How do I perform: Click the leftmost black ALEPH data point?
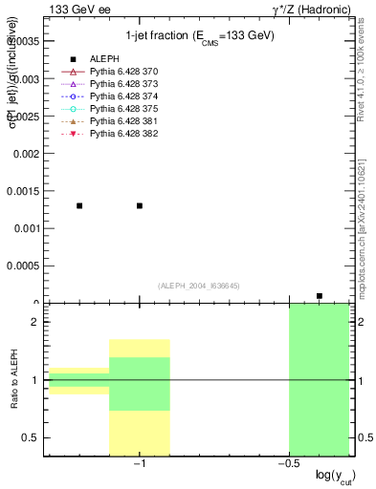(x=79, y=205)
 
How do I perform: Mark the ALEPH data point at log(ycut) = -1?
(x=140, y=205)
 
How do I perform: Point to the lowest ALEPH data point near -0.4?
(x=320, y=296)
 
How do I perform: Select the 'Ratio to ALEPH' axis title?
(x=13, y=380)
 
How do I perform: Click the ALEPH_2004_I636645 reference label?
(x=199, y=286)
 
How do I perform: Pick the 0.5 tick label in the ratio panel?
(x=30, y=437)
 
